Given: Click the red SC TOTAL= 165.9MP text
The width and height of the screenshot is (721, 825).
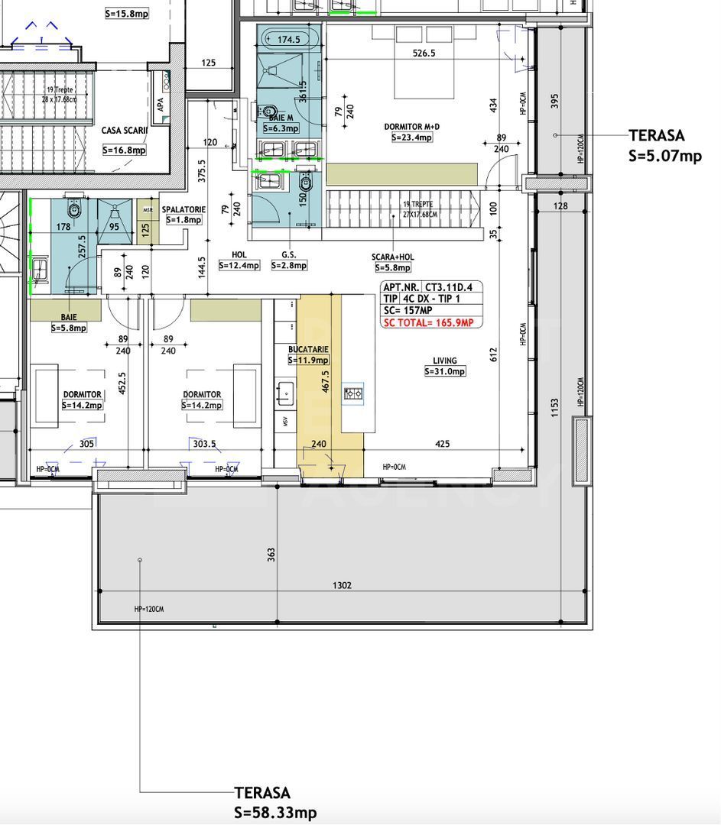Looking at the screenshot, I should point(428,323).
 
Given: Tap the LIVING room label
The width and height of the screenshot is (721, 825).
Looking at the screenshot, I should point(444,361).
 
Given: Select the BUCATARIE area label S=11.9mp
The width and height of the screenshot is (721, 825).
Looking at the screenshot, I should point(308,360).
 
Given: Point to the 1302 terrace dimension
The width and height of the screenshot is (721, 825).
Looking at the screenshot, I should point(343,585).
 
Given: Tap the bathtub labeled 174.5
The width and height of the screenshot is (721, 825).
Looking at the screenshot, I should point(289,39).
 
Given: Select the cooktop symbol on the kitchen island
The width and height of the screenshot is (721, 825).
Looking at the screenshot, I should point(353,394).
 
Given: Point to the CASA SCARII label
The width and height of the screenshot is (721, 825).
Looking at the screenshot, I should point(124,131).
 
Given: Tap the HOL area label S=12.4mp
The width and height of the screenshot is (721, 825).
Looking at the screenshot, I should point(239,265).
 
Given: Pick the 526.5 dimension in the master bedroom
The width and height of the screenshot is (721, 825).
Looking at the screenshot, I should point(424,53).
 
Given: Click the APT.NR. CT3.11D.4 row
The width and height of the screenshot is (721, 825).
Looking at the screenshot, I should point(431,287).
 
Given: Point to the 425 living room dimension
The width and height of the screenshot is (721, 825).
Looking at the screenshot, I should point(442,444).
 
